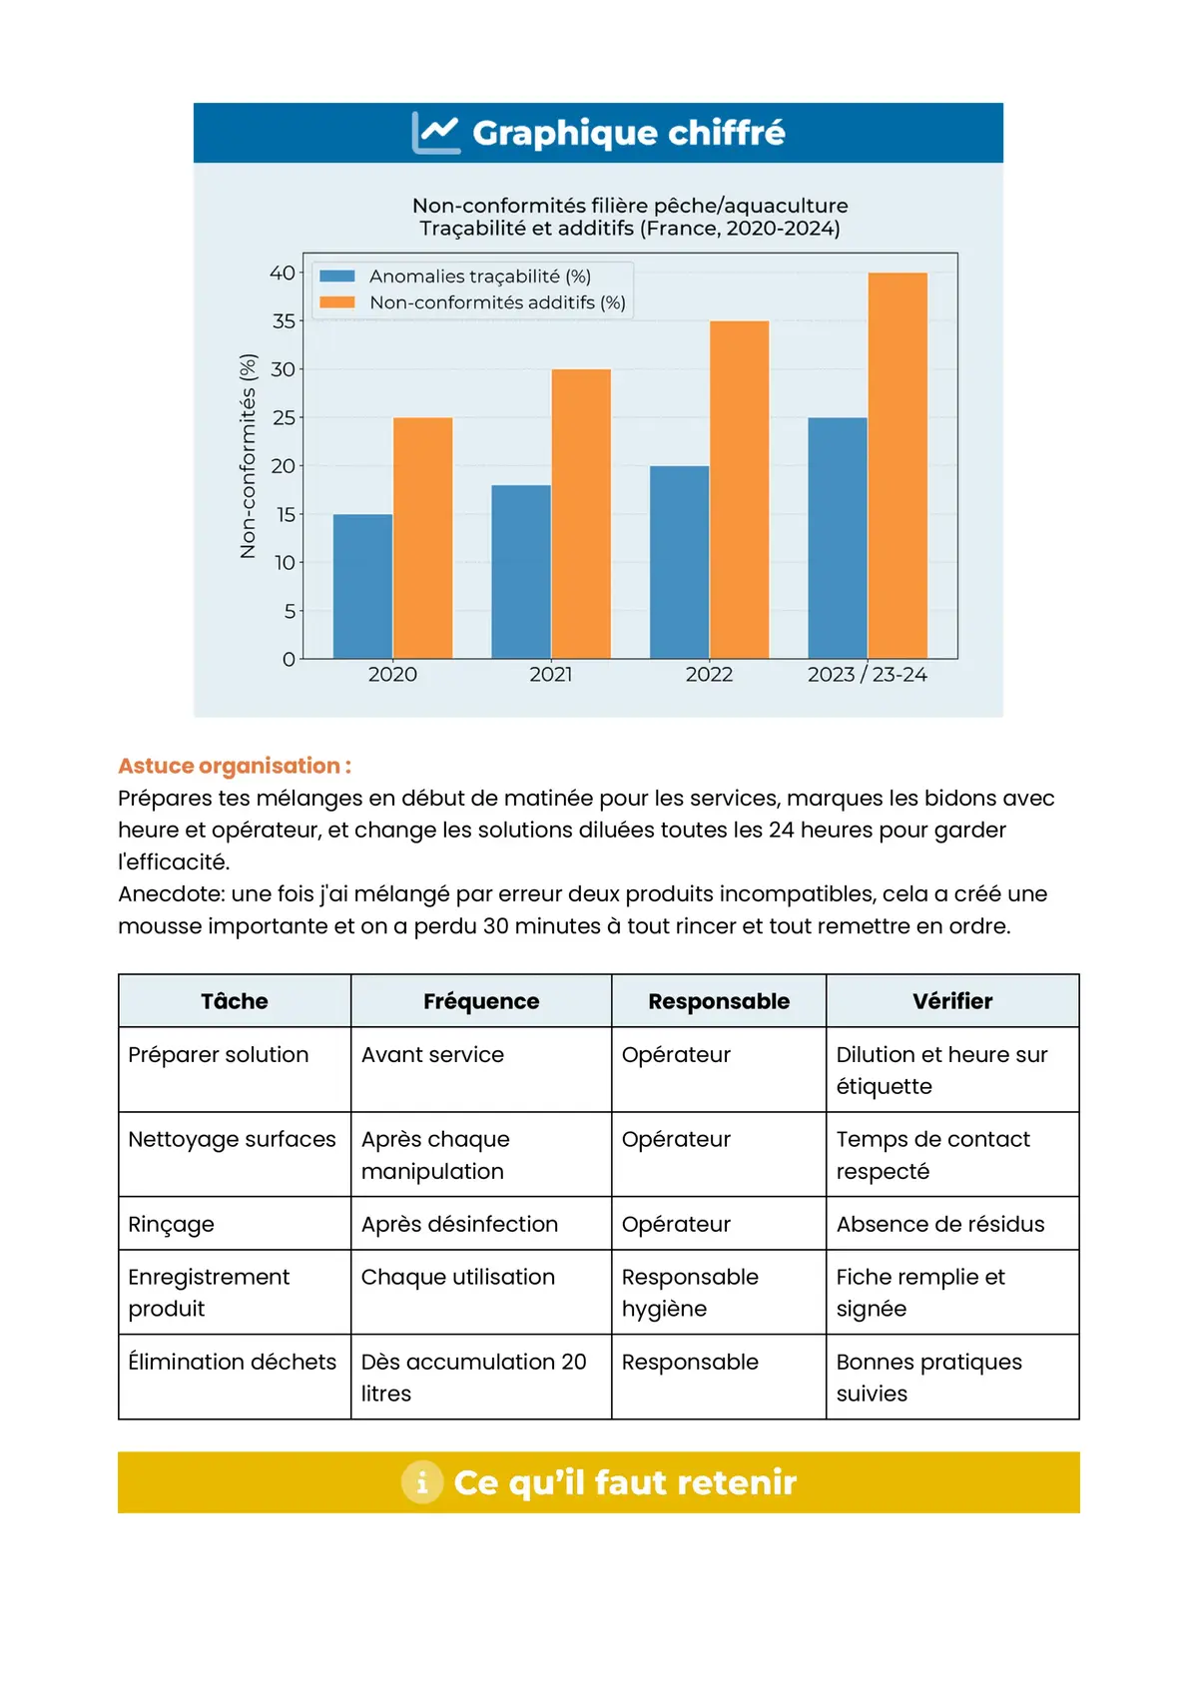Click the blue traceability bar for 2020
click(362, 586)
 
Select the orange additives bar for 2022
click(739, 489)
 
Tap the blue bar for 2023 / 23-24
click(837, 538)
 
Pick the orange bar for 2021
click(581, 513)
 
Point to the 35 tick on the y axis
click(285, 321)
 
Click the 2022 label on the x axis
click(709, 675)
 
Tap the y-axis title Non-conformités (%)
click(249, 455)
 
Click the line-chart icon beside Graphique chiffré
click(436, 133)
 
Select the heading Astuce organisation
click(235, 766)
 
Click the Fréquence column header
click(481, 1001)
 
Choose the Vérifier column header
click(952, 1001)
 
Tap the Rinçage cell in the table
click(172, 1224)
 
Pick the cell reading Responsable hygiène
click(690, 1292)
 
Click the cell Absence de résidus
click(940, 1224)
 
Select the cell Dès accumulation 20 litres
click(474, 1377)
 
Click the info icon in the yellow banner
click(422, 1482)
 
